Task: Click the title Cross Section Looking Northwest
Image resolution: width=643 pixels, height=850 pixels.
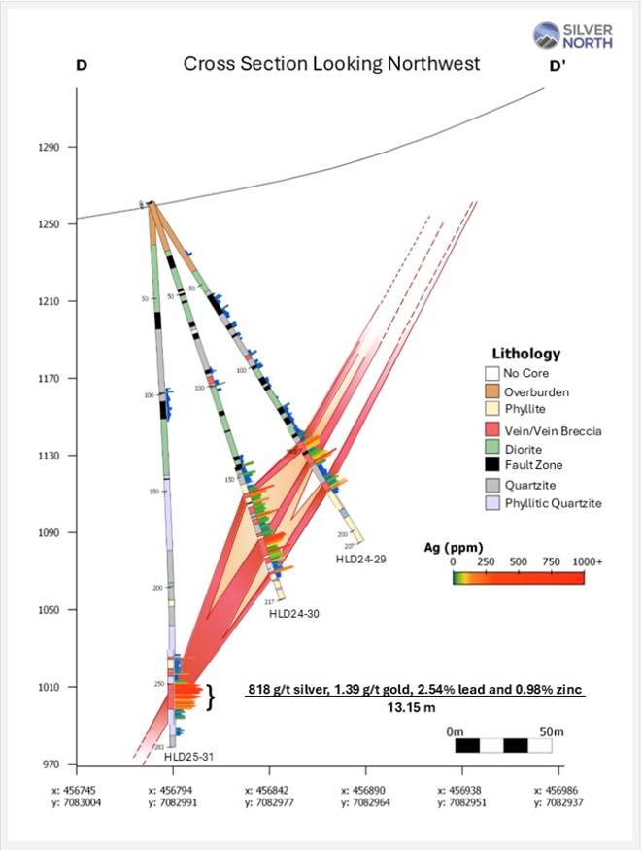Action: (x=332, y=65)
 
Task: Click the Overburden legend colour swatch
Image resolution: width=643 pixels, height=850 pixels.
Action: (x=493, y=391)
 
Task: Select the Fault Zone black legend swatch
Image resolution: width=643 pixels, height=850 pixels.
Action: (x=493, y=465)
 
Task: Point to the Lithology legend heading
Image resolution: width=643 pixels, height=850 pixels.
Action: (x=527, y=354)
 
